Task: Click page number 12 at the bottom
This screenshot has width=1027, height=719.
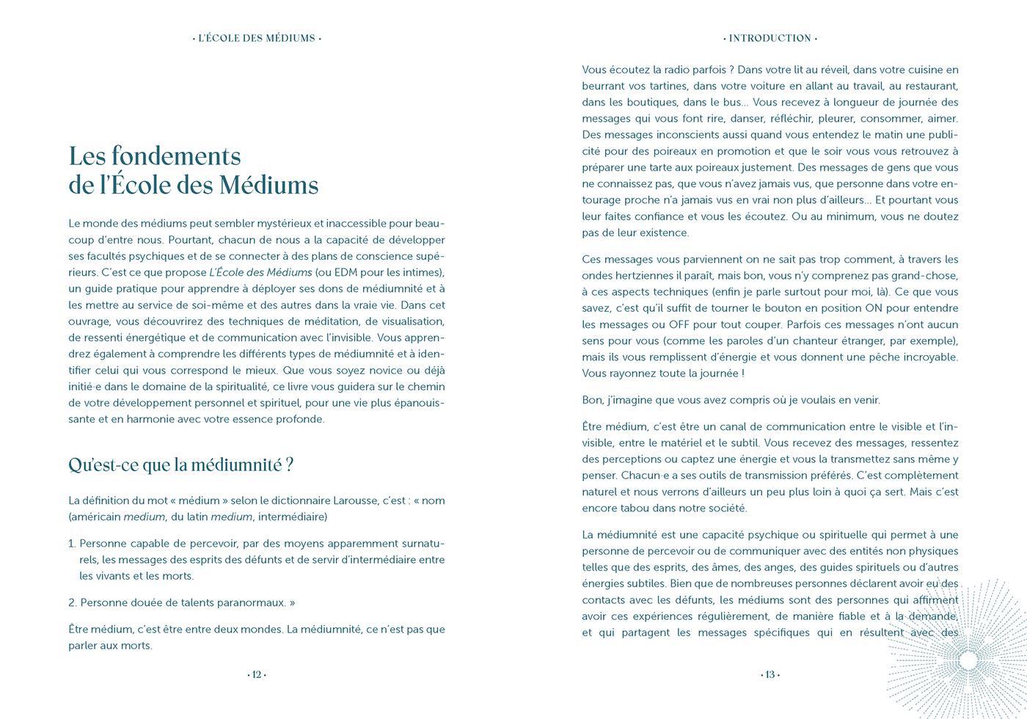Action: [x=257, y=675]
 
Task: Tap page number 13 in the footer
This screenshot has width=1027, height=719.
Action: [x=770, y=675]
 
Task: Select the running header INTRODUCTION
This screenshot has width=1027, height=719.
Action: [x=770, y=38]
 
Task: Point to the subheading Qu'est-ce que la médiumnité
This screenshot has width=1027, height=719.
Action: [x=180, y=465]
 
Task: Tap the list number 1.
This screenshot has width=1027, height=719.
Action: [x=72, y=544]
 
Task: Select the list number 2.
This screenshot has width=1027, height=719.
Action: [x=73, y=602]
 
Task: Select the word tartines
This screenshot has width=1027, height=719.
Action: [x=667, y=86]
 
